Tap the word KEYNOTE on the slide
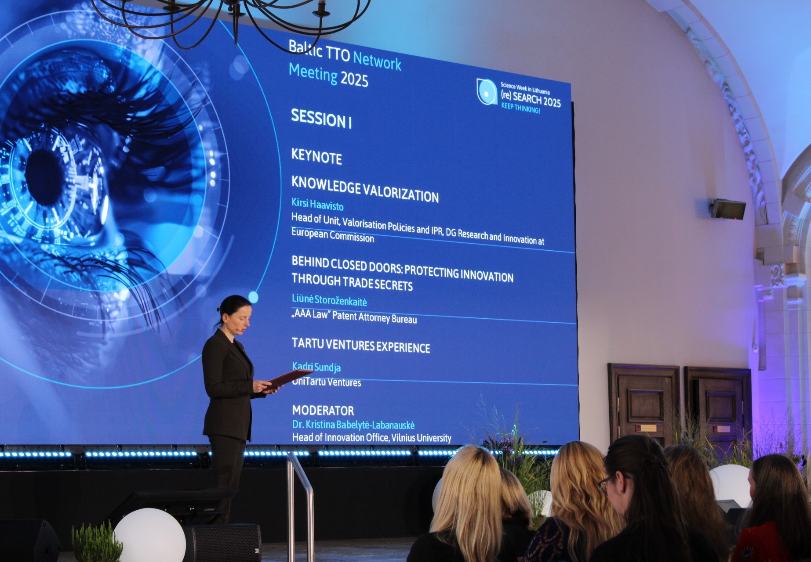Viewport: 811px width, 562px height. [x=316, y=157]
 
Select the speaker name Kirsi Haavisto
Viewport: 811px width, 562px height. [x=317, y=205]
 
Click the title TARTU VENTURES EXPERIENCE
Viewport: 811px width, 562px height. [x=361, y=346]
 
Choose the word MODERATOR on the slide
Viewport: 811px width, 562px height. [x=323, y=411]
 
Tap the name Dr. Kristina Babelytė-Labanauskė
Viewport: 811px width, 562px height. [x=353, y=425]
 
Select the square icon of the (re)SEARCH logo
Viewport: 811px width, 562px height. [x=487, y=92]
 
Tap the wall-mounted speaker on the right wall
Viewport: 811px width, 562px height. [x=727, y=209]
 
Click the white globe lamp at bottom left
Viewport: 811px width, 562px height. [x=149, y=535]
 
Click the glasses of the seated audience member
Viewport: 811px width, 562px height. [x=606, y=485]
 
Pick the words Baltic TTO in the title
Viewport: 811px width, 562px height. [x=319, y=51]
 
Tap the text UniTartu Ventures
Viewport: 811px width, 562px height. [x=327, y=382]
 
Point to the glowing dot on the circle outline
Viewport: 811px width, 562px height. [x=253, y=297]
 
